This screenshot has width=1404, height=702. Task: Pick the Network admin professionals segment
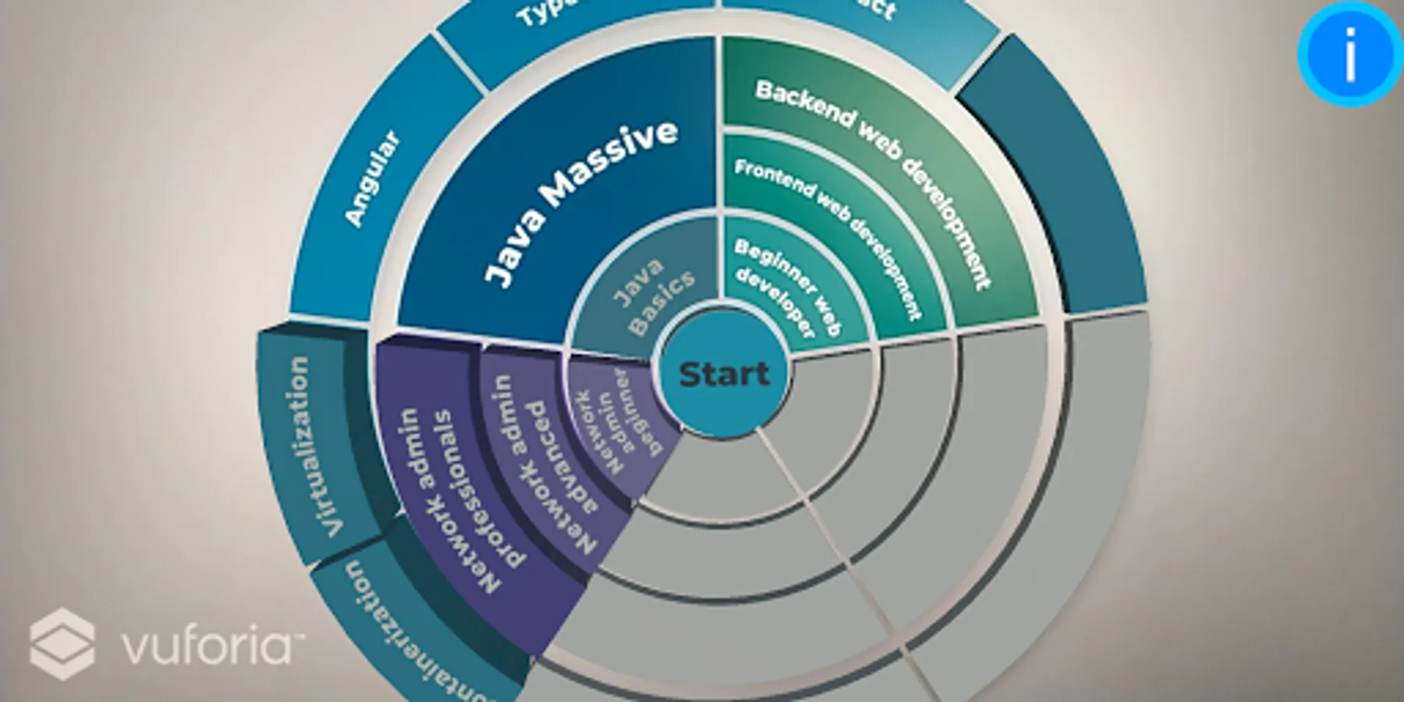460,499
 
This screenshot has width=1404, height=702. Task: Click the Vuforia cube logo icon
62,643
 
